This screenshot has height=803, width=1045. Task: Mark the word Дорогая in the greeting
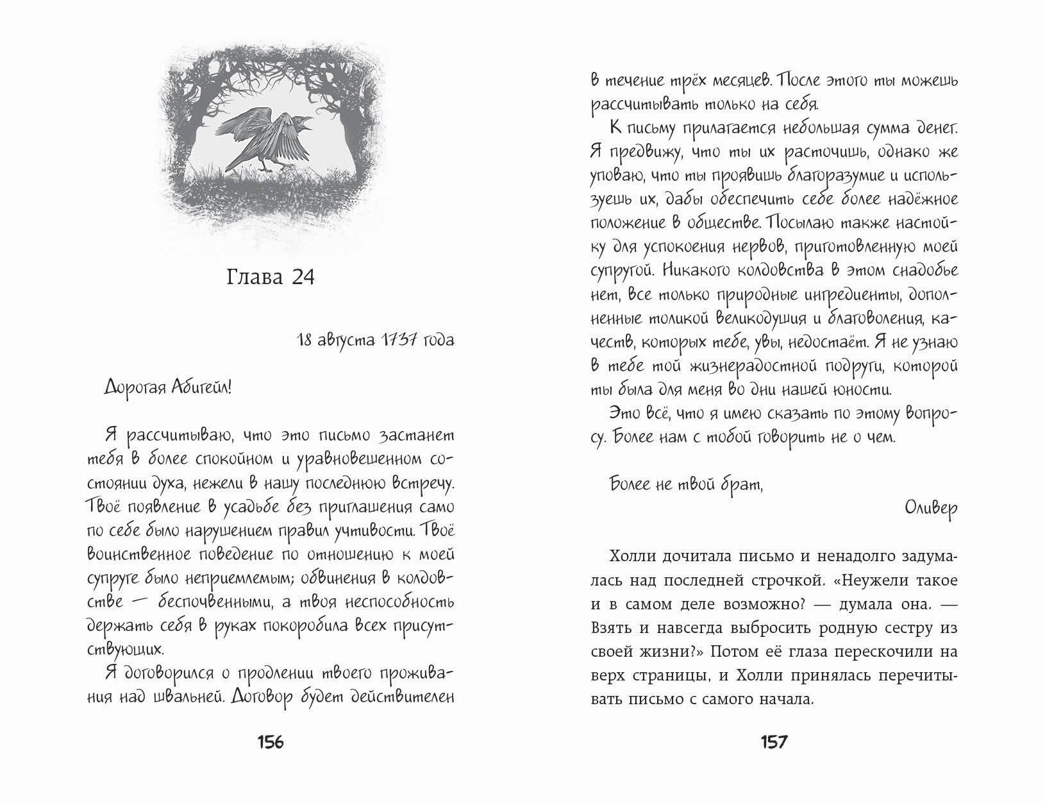[x=129, y=387]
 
